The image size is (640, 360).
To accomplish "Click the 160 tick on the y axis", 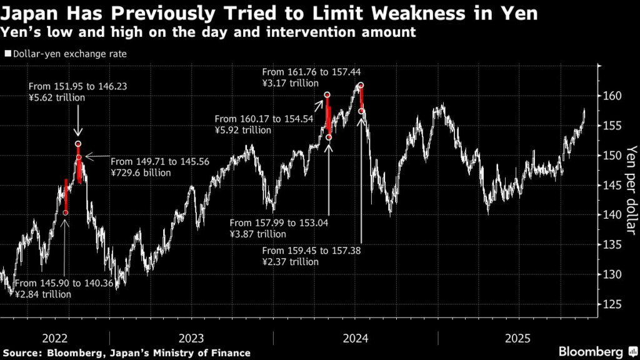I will [x=612, y=96].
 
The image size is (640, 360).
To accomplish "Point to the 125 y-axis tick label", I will [x=612, y=304].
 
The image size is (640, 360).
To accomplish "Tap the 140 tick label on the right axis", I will [x=612, y=215].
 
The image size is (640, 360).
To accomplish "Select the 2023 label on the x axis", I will [x=191, y=338].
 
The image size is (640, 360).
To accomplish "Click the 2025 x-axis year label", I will [x=519, y=338].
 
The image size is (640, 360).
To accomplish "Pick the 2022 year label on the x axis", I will [x=55, y=338].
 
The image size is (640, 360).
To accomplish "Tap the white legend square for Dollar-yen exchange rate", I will [x=7, y=54].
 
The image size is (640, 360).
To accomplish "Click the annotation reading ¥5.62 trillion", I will [x=57, y=97].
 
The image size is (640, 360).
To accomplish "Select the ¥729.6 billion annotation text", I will [x=140, y=172].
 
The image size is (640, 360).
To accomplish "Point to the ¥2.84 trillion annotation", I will [x=42, y=294].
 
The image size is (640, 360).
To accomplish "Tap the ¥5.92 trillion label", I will [x=242, y=130].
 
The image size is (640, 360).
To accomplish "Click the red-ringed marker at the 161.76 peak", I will [x=361, y=86].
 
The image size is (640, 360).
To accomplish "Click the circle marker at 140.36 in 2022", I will [x=66, y=213].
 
